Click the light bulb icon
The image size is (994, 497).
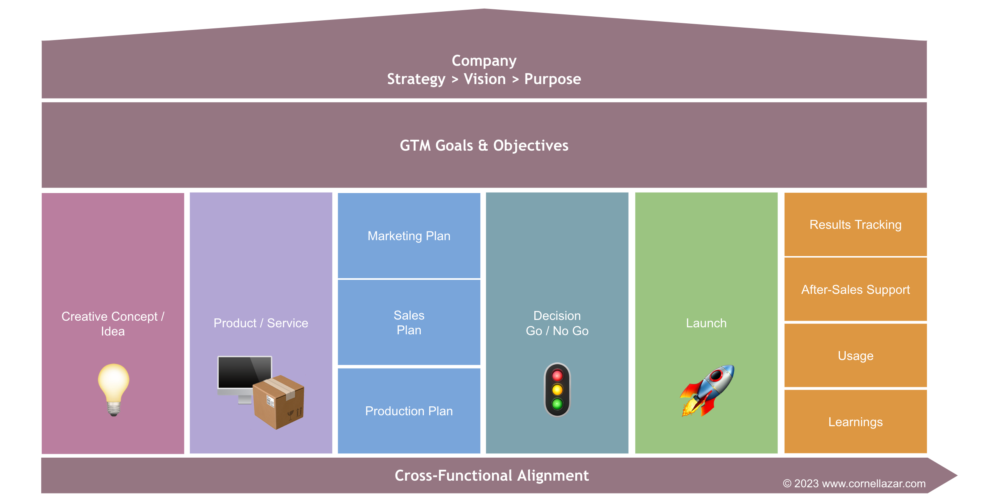tap(113, 389)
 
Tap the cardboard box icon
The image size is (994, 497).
tap(279, 402)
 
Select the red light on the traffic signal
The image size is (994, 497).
tap(557, 376)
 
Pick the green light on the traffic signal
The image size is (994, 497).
tap(557, 404)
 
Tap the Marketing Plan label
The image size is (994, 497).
tap(409, 236)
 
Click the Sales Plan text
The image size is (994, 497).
tap(409, 322)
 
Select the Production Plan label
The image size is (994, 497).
tap(409, 411)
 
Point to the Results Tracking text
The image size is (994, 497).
tap(855, 225)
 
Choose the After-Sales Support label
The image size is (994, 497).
tap(855, 290)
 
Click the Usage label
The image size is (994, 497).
tap(855, 356)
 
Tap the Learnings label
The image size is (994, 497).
tap(855, 422)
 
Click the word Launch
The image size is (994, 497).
tap(706, 323)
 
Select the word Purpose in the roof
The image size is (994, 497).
tap(552, 79)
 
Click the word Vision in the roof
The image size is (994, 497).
tap(485, 79)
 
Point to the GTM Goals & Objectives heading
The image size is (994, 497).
tap(484, 146)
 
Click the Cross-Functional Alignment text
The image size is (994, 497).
tap(492, 476)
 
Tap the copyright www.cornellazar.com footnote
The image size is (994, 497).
tap(854, 483)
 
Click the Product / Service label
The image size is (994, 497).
tap(261, 323)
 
